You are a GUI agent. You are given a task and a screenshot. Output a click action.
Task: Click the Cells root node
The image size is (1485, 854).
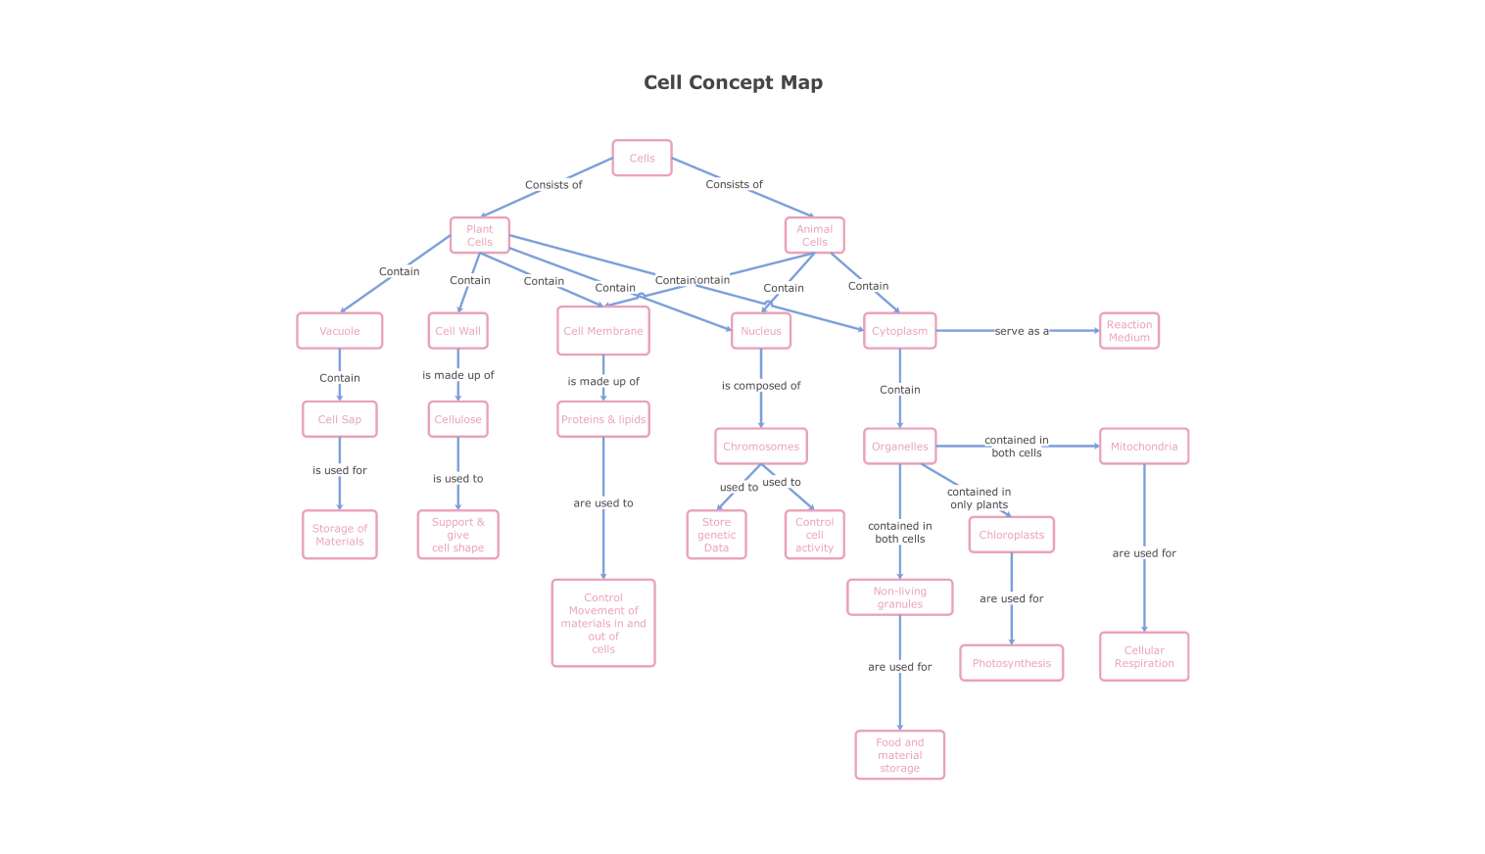(642, 158)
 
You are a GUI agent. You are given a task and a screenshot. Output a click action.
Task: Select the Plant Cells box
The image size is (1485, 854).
(479, 235)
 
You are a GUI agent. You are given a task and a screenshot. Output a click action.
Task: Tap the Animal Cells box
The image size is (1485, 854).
(814, 235)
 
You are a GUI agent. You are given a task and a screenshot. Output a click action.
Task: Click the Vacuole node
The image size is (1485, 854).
(339, 331)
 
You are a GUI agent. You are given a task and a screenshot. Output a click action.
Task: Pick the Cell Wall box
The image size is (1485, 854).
(457, 331)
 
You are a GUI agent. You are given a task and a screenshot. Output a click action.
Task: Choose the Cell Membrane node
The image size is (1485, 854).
(603, 331)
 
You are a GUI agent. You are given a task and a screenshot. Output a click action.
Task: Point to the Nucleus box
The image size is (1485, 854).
(760, 331)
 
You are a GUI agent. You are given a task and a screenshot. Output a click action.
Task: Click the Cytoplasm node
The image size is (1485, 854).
(899, 331)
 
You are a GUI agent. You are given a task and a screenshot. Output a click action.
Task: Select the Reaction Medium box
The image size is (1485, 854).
(1128, 331)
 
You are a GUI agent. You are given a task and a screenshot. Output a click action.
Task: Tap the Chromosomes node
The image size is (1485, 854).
(761, 447)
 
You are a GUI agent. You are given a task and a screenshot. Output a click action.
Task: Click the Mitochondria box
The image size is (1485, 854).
(1143, 447)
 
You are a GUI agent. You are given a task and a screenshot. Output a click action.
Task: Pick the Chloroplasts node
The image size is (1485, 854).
(1011, 535)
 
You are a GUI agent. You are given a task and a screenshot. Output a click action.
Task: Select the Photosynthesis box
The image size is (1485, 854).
(1011, 663)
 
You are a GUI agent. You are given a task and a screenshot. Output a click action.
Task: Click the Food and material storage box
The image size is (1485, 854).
(899, 755)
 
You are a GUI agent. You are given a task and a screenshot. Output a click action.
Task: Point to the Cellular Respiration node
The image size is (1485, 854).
(1143, 656)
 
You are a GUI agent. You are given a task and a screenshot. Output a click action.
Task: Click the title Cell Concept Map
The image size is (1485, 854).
(733, 82)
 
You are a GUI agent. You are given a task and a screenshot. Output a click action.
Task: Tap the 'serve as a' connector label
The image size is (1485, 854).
(1021, 331)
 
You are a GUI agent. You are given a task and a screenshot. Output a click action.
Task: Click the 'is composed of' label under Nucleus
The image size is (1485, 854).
(761, 386)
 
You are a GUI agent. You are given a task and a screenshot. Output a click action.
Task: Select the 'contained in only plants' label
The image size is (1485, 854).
(979, 498)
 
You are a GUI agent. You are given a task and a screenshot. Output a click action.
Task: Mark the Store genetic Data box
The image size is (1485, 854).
(716, 535)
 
